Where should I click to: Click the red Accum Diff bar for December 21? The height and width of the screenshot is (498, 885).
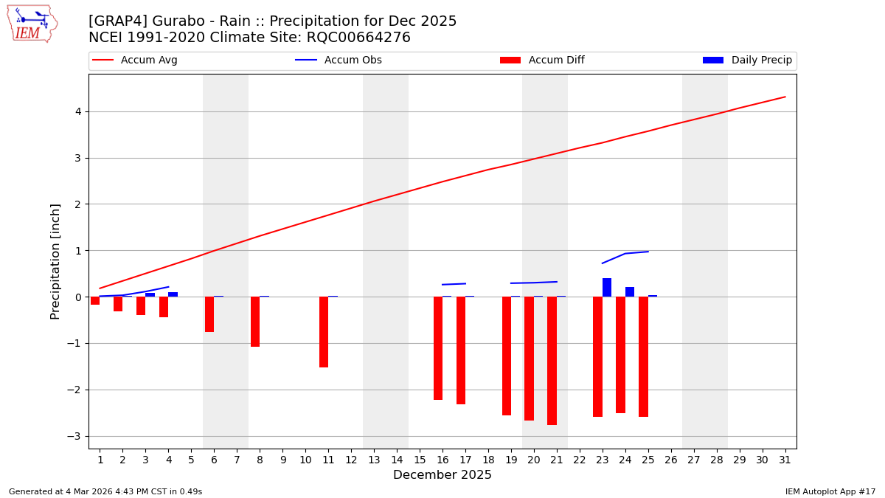tap(552, 361)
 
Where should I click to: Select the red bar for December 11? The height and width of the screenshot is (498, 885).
tap(324, 332)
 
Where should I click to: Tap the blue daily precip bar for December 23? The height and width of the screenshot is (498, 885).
tap(607, 288)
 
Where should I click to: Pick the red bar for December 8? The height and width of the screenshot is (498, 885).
tap(255, 322)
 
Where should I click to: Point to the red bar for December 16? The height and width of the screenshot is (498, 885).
tap(438, 348)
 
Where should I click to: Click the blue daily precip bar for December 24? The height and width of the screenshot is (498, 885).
tap(630, 292)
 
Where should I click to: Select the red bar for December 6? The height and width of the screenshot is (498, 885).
tap(209, 314)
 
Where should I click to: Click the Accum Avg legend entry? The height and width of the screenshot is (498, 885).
tap(136, 60)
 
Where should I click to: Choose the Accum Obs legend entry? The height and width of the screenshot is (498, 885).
tap(339, 60)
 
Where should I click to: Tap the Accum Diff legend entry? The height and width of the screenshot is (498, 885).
tap(543, 60)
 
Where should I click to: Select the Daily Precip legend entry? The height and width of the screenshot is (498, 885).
tap(748, 60)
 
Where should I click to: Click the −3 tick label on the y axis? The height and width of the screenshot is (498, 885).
tap(74, 436)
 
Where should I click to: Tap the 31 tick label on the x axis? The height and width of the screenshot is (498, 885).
tap(785, 460)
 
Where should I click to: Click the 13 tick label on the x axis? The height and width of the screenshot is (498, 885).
tap(374, 460)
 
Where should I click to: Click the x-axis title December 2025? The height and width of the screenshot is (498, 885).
tap(442, 475)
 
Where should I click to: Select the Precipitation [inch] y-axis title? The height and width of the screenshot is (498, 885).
tap(56, 261)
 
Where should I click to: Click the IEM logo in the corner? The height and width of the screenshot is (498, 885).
tap(32, 24)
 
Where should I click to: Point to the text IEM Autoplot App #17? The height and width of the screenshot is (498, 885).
tap(830, 491)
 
